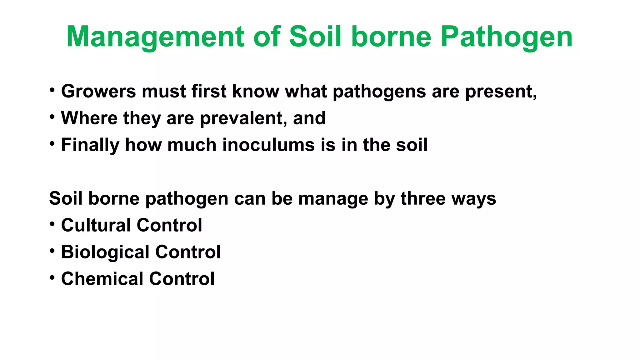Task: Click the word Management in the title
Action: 155,37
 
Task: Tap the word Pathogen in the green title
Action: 507,37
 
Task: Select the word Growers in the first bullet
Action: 98,91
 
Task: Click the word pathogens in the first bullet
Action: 379,91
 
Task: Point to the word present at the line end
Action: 500,91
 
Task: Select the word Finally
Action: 90,145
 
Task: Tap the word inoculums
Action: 268,145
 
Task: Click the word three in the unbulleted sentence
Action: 423,198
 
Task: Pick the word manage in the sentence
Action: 333,198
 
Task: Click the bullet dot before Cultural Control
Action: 52,224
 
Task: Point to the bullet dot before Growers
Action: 52,90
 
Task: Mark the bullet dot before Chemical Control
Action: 52,277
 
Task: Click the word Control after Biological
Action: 188,252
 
